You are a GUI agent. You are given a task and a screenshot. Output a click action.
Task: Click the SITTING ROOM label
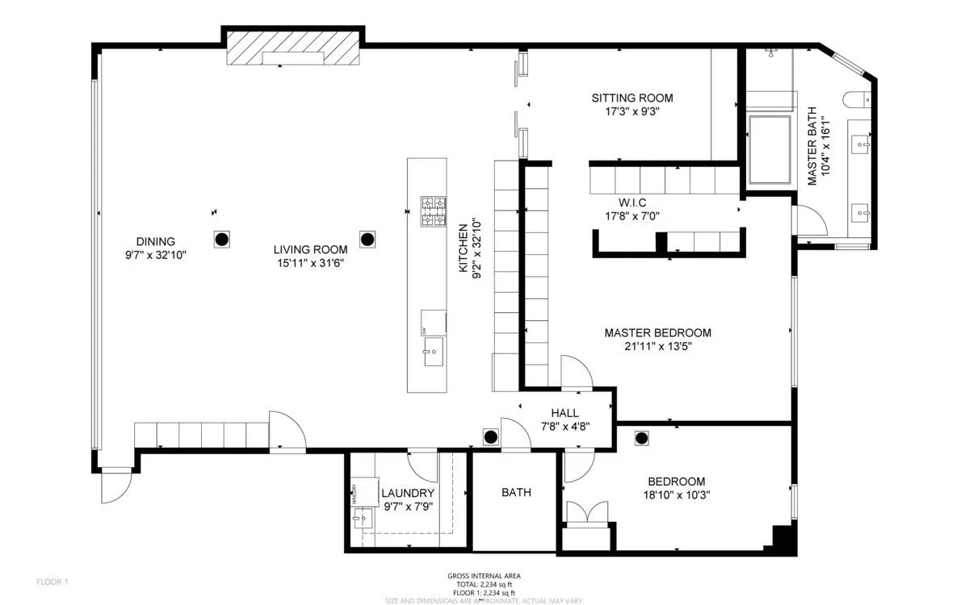pyautogui.click(x=631, y=98)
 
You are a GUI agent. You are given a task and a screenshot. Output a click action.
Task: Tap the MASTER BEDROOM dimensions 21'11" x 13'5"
pyautogui.click(x=658, y=347)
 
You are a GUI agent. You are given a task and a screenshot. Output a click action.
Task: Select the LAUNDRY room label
pyautogui.click(x=408, y=493)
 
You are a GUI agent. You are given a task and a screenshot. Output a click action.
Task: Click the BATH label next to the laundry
pyautogui.click(x=516, y=492)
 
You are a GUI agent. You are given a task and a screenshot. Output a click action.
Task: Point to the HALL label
pyautogui.click(x=564, y=412)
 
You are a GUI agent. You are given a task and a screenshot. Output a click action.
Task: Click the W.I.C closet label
pyautogui.click(x=633, y=201)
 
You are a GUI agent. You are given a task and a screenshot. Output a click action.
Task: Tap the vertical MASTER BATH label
pyautogui.click(x=812, y=146)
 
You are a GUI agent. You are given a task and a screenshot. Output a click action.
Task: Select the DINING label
pyautogui.click(x=155, y=241)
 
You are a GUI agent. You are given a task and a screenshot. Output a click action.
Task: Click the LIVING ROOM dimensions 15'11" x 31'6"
pyautogui.click(x=310, y=264)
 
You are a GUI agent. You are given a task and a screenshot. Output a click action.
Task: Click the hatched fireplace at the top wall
pyautogui.click(x=293, y=52)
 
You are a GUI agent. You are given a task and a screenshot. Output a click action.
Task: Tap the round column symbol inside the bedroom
pyautogui.click(x=642, y=438)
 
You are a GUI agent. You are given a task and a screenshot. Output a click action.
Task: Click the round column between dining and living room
pyautogui.click(x=221, y=239)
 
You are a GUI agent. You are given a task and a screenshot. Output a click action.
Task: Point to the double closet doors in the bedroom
pyautogui.click(x=586, y=514)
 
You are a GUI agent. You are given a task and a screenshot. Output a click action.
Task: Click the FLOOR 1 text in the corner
pyautogui.click(x=52, y=582)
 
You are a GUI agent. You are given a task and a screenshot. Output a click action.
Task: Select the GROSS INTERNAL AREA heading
pyautogui.click(x=484, y=576)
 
